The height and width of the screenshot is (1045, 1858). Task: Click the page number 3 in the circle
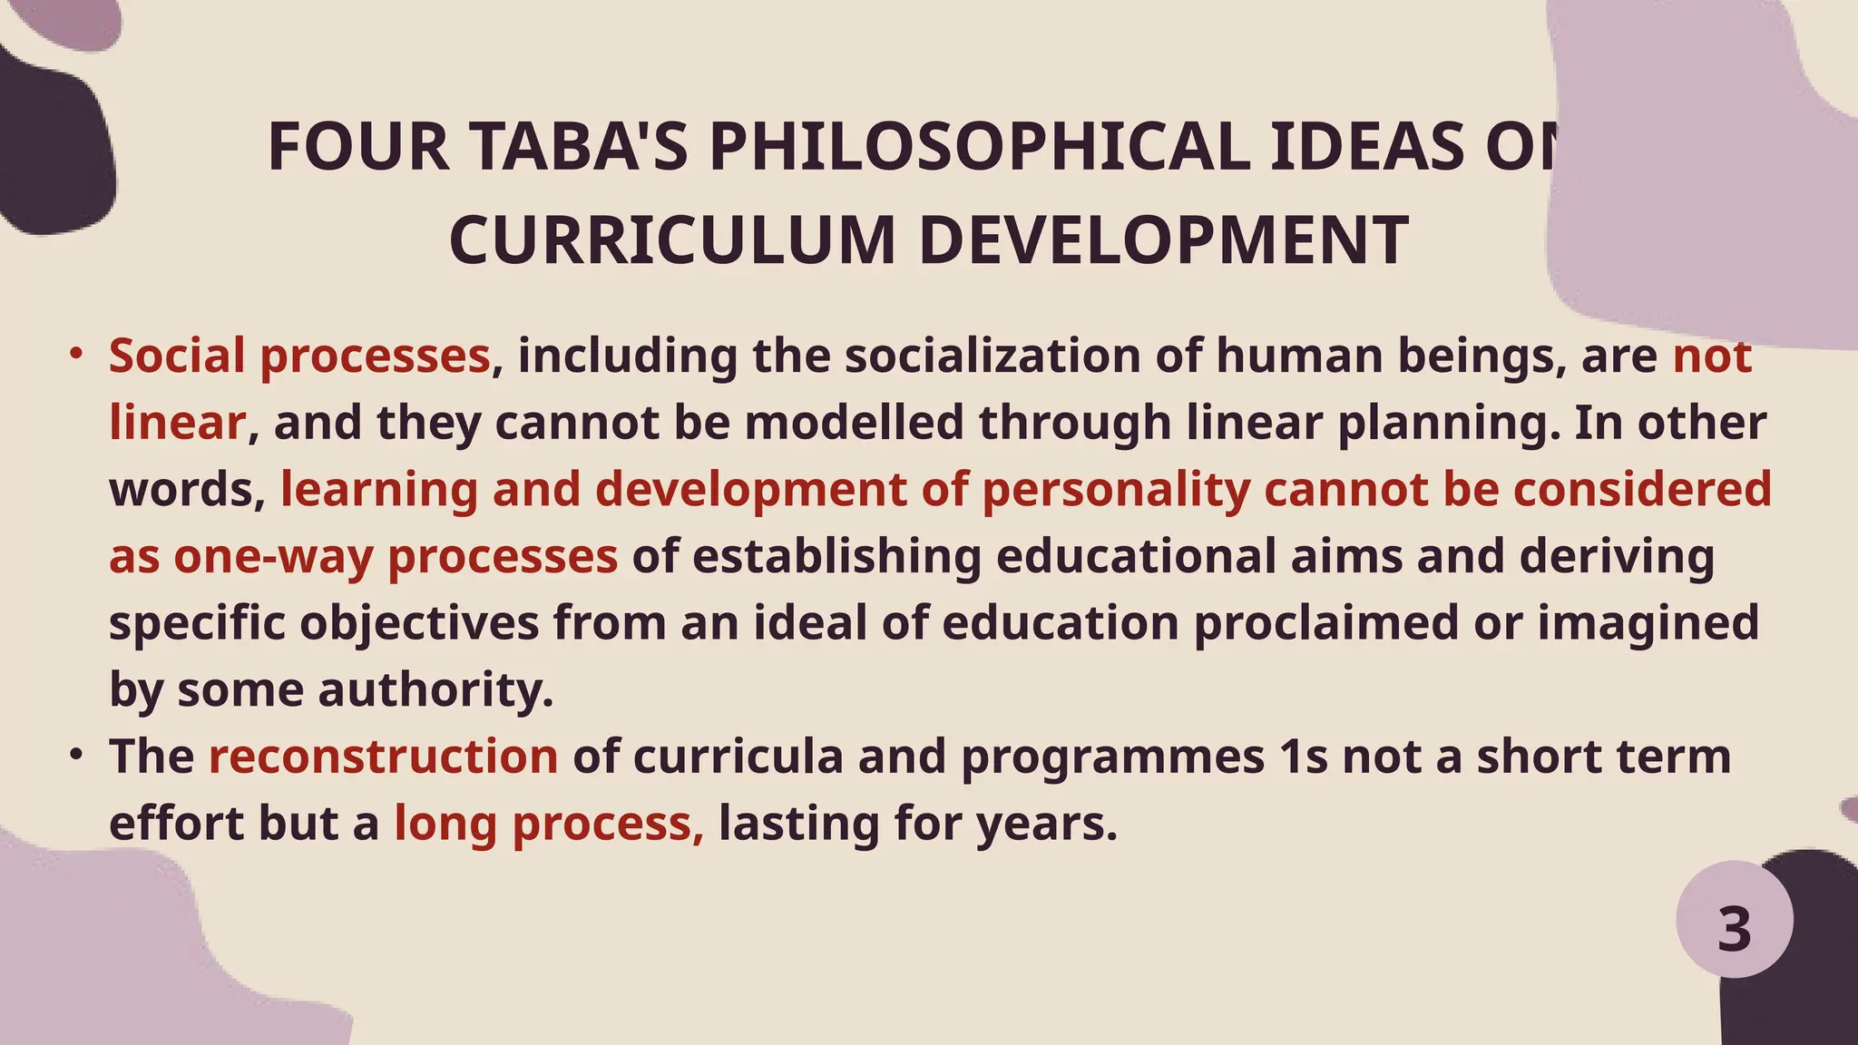point(1734,930)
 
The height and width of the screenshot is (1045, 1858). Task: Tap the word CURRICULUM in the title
point(672,241)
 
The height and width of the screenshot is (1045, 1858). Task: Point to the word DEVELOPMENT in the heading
point(1164,241)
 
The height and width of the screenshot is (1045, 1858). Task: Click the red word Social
point(177,356)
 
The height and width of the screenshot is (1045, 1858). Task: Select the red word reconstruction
point(383,757)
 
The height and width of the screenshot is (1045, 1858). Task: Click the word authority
point(435,689)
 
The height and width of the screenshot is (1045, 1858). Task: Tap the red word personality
point(1116,490)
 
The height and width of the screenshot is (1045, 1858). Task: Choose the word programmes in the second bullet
point(1112,757)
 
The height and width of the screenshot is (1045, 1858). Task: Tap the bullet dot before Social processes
point(77,352)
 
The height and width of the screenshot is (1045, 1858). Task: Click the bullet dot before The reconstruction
point(77,754)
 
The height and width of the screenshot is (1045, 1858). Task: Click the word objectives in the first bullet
point(419,623)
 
